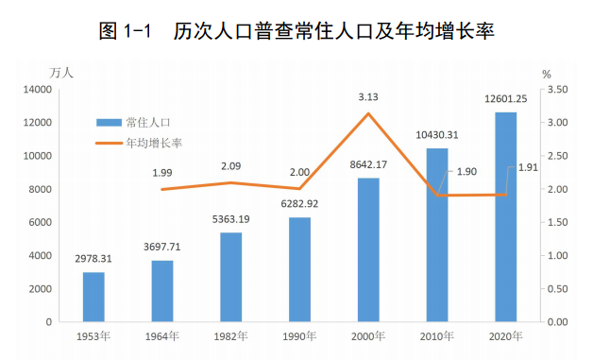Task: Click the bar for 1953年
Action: (x=93, y=297)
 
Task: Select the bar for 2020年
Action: (x=505, y=217)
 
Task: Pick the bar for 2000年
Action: (x=368, y=249)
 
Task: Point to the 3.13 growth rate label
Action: (x=368, y=96)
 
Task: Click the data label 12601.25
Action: (x=505, y=99)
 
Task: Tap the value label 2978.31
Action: (x=93, y=258)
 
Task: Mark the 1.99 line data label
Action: (x=162, y=173)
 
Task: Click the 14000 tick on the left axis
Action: (x=37, y=90)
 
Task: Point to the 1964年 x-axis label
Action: (x=162, y=336)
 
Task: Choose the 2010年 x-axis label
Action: (x=437, y=336)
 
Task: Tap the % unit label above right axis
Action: (x=545, y=73)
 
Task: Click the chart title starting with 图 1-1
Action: (x=296, y=31)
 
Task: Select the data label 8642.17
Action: (x=368, y=165)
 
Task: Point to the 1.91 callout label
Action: (x=528, y=167)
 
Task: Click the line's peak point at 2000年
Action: (x=368, y=113)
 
